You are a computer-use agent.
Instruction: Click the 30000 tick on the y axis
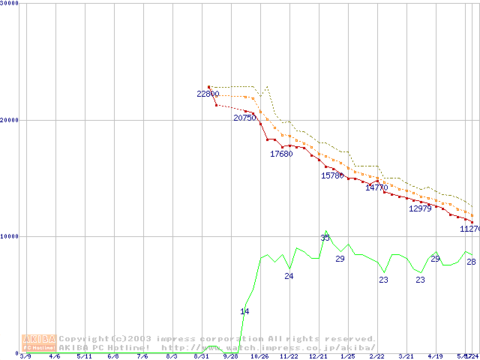click(10, 4)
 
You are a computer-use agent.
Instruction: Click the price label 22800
click(208, 94)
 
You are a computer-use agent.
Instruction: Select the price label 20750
click(244, 118)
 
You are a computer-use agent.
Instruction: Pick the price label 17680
click(281, 154)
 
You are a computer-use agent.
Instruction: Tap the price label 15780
click(332, 175)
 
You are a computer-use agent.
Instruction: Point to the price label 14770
click(376, 188)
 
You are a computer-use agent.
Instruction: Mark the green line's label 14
click(244, 311)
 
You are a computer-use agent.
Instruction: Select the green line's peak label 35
click(325, 238)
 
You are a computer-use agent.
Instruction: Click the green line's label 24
click(289, 277)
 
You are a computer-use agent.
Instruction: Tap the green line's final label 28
click(471, 262)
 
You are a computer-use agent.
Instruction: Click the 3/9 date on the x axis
click(25, 356)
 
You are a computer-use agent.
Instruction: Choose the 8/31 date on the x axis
click(200, 356)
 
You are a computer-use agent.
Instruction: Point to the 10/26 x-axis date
click(259, 356)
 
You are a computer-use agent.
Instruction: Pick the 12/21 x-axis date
click(318, 356)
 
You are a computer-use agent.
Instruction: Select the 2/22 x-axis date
click(376, 356)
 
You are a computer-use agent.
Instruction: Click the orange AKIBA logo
click(39, 343)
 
